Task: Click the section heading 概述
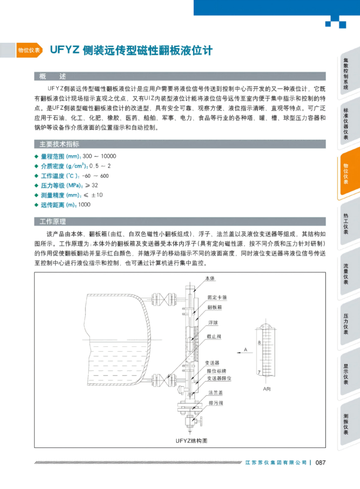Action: [x=52, y=76]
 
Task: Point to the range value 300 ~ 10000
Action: [x=99, y=156]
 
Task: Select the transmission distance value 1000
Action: [x=84, y=204]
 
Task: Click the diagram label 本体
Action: [x=210, y=278]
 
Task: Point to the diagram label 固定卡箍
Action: [x=217, y=298]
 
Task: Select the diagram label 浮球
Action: [x=213, y=322]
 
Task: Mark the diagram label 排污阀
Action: [x=215, y=403]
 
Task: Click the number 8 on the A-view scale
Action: [x=259, y=341]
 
